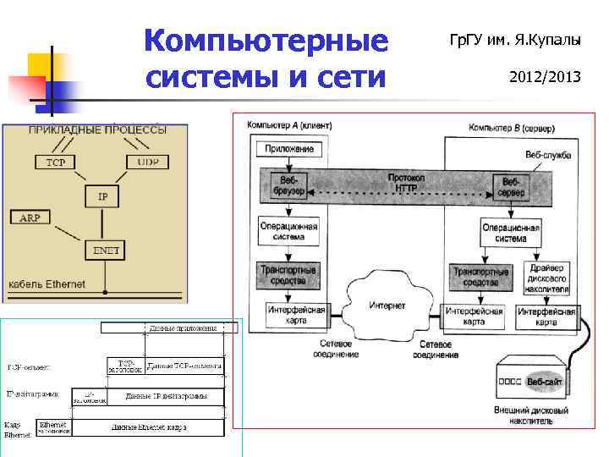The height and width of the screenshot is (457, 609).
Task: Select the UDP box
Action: click(x=147, y=161)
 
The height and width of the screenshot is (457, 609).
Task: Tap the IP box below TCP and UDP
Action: click(x=102, y=196)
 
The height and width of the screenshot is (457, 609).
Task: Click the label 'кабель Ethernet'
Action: click(x=46, y=284)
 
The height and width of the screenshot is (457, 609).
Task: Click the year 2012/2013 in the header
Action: click(x=545, y=77)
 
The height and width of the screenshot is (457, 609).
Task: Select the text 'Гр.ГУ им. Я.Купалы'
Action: click(x=520, y=38)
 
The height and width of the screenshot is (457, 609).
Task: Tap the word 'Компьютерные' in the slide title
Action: click(x=266, y=41)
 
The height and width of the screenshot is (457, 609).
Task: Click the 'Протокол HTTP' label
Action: click(x=405, y=183)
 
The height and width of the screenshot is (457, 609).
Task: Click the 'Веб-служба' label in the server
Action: click(x=547, y=155)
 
